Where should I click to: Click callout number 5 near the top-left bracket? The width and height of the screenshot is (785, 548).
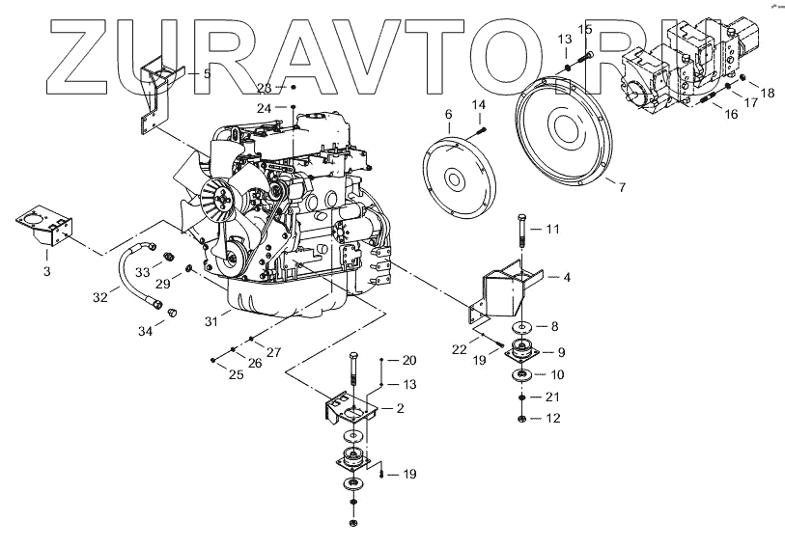[x=206, y=73]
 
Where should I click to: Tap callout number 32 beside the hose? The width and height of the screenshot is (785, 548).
[x=100, y=298]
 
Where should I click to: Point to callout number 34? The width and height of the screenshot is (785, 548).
[x=145, y=332]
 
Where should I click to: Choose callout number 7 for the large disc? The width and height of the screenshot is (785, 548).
[x=622, y=186]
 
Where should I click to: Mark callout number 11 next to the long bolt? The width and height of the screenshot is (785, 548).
[x=553, y=230]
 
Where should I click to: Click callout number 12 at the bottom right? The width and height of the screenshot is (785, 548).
[x=553, y=419]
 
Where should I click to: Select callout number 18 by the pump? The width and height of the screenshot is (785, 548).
[x=768, y=93]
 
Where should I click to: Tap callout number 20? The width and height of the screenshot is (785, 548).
[x=409, y=361]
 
